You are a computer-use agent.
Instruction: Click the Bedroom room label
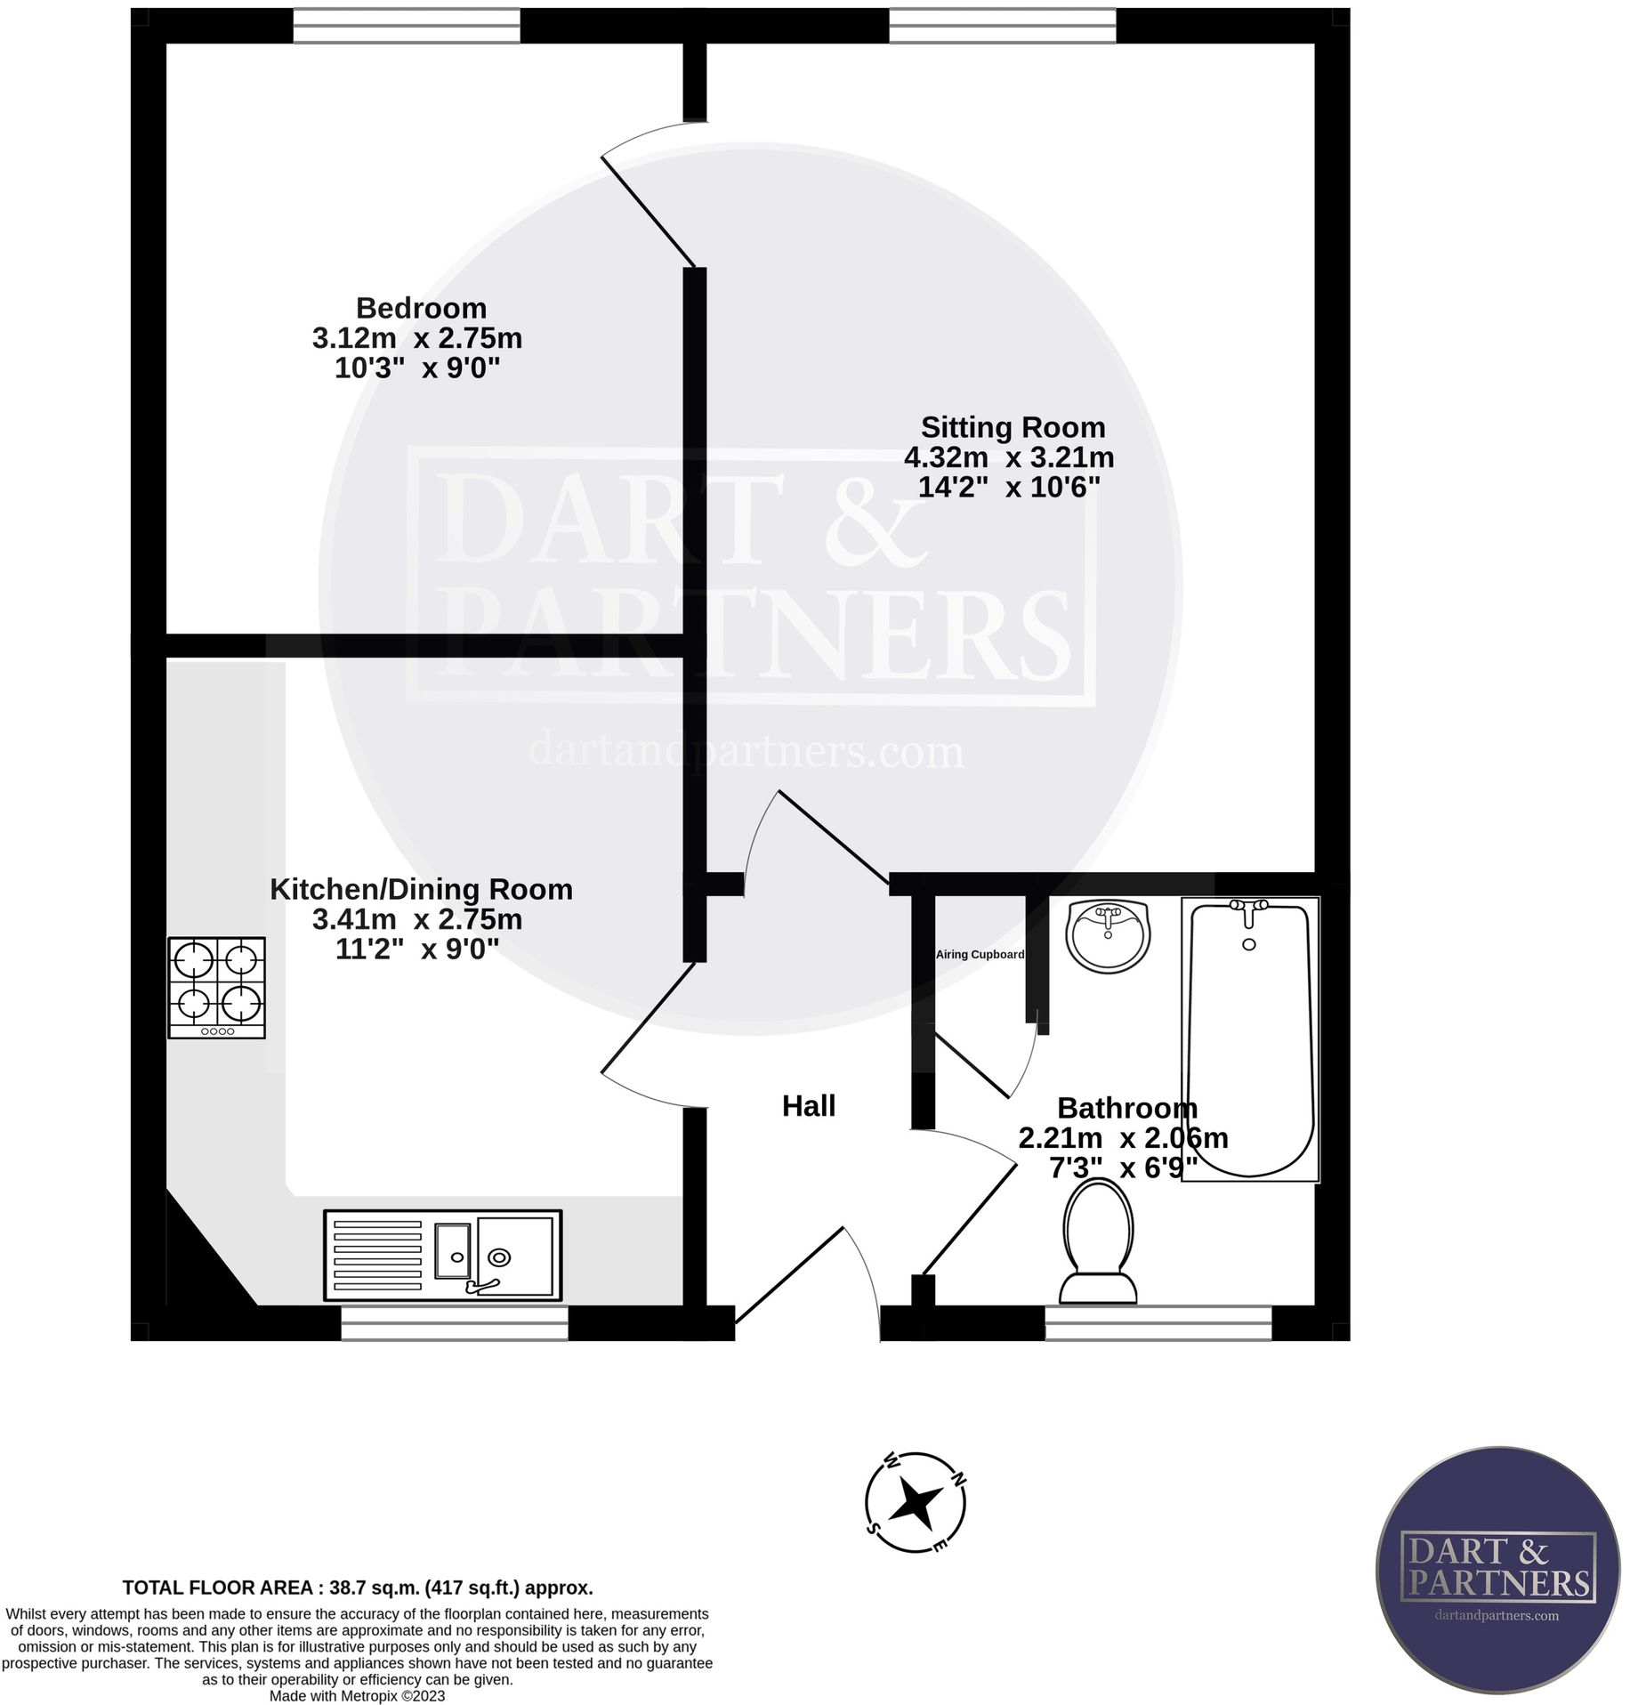tap(421, 308)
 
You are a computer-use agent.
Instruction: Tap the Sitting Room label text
tap(1013, 427)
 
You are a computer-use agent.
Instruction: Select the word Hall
tap(808, 1106)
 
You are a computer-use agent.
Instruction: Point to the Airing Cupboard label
tap(980, 955)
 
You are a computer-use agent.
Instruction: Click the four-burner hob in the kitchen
tap(216, 987)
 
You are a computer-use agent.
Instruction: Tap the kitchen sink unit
tap(442, 1255)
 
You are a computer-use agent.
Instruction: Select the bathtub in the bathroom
tap(1249, 1038)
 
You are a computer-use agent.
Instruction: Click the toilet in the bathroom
tap(1099, 1241)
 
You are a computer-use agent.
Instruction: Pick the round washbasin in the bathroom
tap(1108, 934)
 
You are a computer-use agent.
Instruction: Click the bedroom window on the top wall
tap(407, 26)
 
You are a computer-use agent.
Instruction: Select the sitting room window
tap(1002, 26)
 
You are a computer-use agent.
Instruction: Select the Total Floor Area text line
tap(357, 1588)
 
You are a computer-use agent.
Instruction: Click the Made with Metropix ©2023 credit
tap(357, 1696)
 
